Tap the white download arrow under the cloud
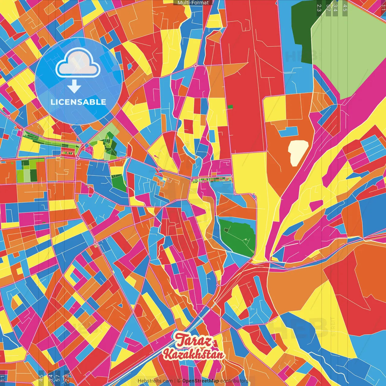pyautogui.click(x=74, y=87)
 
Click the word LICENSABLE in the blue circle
pyautogui.click(x=78, y=102)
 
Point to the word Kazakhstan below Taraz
pyautogui.click(x=194, y=354)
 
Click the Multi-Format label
pyautogui.click(x=193, y=3)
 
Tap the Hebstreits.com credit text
pyautogui.click(x=155, y=381)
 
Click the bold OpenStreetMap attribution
pyautogui.click(x=201, y=381)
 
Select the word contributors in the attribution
pyautogui.click(x=234, y=381)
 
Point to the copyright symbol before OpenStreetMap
pyautogui.click(x=179, y=381)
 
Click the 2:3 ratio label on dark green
pyautogui.click(x=319, y=8)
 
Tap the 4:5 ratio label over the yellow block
pyautogui.click(x=41, y=378)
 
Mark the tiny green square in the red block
pyautogui.click(x=230, y=106)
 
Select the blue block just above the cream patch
pyautogui.click(x=288, y=131)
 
